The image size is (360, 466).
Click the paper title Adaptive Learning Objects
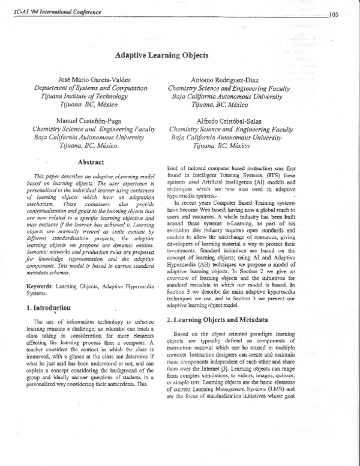161,55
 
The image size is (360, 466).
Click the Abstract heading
91,162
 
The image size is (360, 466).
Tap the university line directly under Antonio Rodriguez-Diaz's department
228,96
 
